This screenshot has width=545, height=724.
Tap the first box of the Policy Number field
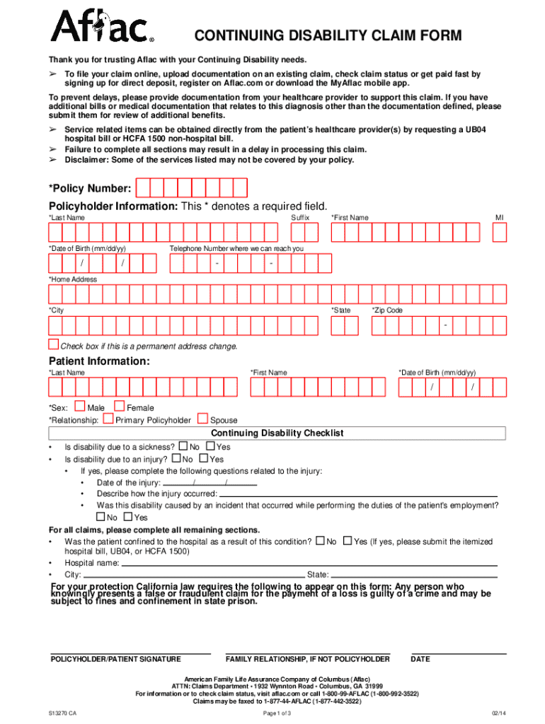tap(142, 188)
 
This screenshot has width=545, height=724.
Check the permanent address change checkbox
tap(53, 344)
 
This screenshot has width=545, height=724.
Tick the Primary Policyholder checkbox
tap(108, 419)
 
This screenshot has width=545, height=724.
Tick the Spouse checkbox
tap(203, 419)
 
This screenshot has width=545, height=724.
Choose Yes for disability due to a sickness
tap(210, 446)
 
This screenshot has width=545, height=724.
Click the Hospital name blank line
tap(309, 564)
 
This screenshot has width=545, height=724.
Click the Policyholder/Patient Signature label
tap(115, 659)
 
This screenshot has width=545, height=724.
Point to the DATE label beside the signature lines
tap(420, 659)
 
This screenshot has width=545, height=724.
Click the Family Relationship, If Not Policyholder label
tap(307, 659)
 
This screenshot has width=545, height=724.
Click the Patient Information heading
tap(98, 361)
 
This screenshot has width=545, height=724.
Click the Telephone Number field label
tap(236, 249)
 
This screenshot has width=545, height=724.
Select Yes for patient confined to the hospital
tap(347, 541)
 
